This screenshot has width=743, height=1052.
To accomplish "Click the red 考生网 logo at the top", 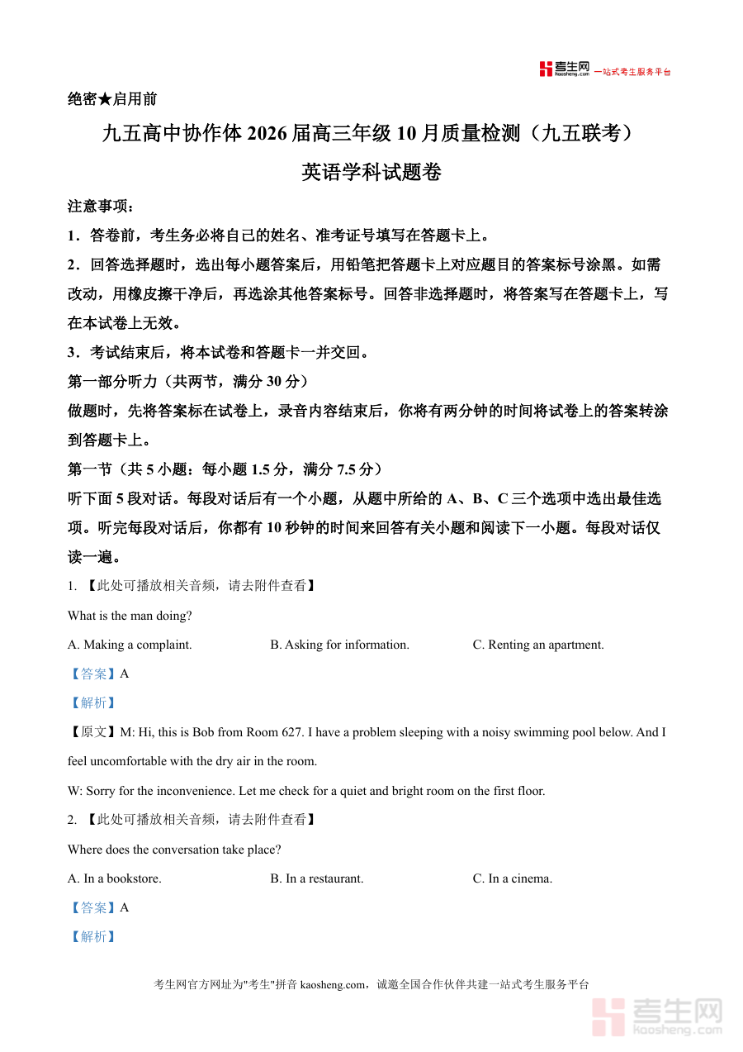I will pos(565,69).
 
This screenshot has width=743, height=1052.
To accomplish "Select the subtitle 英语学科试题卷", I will pos(371,172).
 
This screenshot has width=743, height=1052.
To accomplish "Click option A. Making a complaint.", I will pos(130,645).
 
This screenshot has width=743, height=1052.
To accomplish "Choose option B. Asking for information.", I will pos(339,645).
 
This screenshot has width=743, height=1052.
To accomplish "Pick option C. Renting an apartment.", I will pos(538,645).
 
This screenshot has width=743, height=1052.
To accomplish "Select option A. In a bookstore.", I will pos(115,878).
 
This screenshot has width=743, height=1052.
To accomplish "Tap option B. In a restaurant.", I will pos(317,878).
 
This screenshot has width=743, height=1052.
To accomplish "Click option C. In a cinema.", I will pos(513,878).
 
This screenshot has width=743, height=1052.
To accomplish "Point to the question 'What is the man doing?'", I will pos(130,616).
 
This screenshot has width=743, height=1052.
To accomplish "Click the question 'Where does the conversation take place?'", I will pos(174,850).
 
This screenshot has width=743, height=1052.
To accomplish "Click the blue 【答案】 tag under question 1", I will pos(93,674).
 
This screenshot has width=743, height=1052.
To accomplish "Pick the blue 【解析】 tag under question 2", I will pos(93,936).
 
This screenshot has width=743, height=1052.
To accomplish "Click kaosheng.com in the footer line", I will pos(332,984).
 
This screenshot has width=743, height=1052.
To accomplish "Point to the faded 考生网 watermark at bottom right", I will pos(657,1016).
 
